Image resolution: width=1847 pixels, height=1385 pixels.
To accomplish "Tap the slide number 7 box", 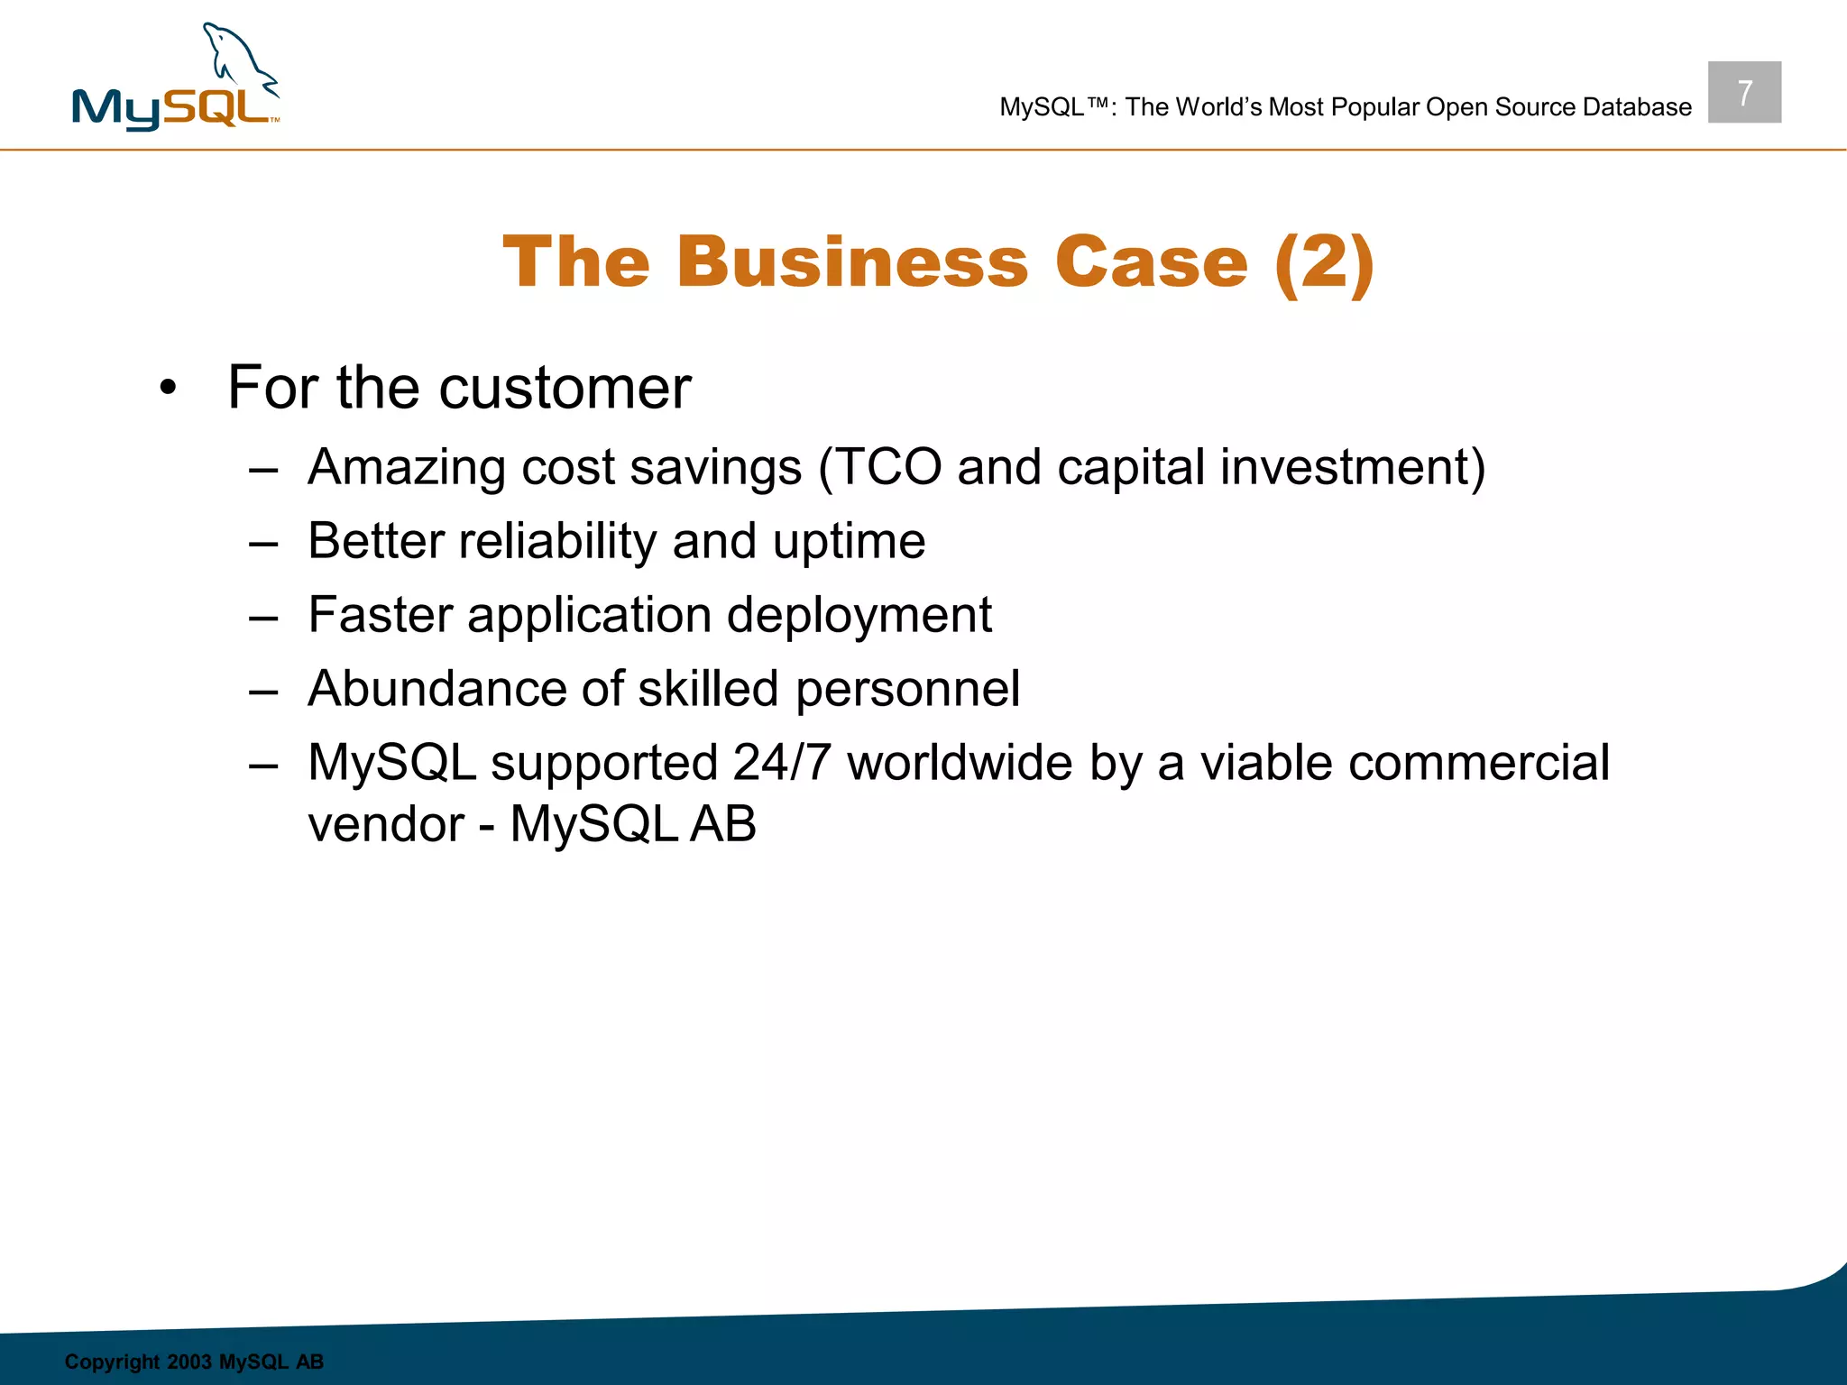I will (x=1744, y=92).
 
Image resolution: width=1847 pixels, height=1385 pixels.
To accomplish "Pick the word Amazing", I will (x=406, y=468).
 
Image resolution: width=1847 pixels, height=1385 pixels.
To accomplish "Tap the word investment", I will (x=1352, y=467).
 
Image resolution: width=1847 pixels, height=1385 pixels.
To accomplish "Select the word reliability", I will (x=557, y=541).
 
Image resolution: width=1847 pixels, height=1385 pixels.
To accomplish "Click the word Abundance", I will (x=436, y=689).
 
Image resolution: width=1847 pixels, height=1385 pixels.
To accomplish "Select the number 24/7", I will (x=781, y=763).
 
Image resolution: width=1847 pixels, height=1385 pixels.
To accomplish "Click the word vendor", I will (x=386, y=824).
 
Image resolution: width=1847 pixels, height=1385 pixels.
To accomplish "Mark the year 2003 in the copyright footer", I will (x=188, y=1362).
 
